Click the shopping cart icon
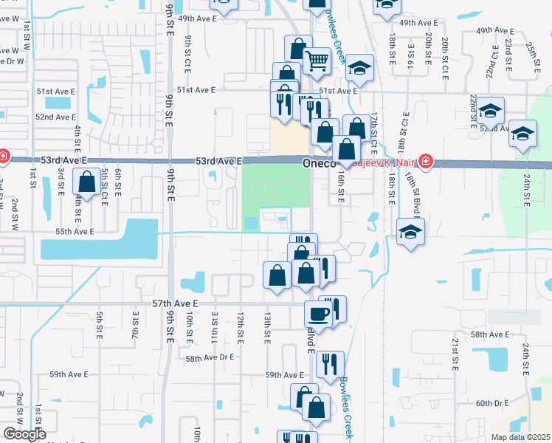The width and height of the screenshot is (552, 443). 317,60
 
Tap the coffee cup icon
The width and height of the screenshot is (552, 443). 319,313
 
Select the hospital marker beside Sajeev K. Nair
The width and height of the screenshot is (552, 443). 425,161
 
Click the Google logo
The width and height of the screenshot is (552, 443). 24,434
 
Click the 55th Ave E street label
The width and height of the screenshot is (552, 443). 72,232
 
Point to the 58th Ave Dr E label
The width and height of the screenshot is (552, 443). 210,357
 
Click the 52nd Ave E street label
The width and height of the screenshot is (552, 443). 55,117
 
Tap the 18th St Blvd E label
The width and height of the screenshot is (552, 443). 415,202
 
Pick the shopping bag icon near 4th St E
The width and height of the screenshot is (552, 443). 87,181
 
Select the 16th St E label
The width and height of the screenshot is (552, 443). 341,185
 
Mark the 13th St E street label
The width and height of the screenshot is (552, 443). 266,326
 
